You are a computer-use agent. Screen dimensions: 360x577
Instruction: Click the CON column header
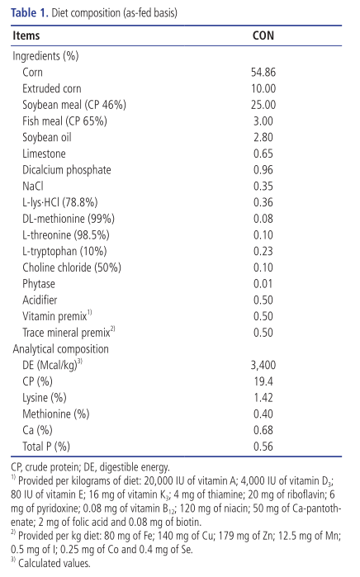tap(263, 35)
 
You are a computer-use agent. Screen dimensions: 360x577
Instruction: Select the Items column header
tap(26, 35)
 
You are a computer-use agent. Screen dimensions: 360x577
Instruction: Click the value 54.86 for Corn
tap(263, 72)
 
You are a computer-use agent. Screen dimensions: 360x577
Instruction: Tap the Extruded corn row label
tap(51, 88)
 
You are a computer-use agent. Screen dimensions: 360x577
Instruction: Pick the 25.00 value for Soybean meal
tap(263, 105)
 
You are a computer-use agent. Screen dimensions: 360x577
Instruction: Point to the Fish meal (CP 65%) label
tap(64, 121)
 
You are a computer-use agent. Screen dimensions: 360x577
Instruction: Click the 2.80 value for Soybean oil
tap(263, 137)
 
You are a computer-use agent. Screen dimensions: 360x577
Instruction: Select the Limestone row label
tap(44, 154)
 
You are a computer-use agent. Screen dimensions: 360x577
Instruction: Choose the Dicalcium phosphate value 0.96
tap(263, 170)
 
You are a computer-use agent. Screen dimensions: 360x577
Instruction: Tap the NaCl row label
tap(33, 187)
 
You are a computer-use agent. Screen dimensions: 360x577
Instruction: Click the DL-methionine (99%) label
tap(69, 219)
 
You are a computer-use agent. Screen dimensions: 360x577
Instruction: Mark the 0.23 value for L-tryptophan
tap(263, 251)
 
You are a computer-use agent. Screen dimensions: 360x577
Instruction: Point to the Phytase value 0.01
tap(263, 284)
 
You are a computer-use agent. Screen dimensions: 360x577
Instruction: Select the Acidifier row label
tap(40, 300)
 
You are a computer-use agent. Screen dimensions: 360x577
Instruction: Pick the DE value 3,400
tap(263, 365)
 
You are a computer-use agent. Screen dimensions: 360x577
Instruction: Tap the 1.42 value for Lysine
tap(263, 398)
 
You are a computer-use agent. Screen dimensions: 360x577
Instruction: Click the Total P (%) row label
tap(46, 447)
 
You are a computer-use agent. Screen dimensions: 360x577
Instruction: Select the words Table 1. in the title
tap(30, 13)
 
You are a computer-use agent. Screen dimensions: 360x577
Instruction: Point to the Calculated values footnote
tap(50, 563)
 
